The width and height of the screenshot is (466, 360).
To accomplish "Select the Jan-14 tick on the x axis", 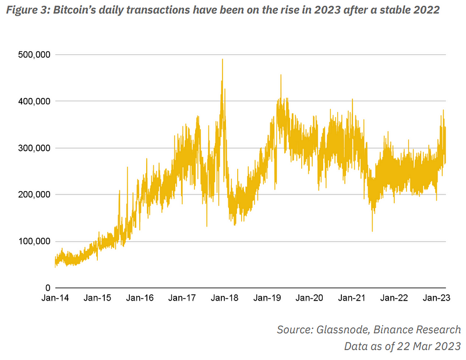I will point(55,298).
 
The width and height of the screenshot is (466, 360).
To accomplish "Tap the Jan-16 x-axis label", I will point(140,298).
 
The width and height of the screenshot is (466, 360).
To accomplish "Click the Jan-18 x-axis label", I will point(225,298).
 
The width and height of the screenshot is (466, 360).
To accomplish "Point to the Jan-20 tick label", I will point(309,298).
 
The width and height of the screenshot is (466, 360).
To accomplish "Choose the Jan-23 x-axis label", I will point(436,298).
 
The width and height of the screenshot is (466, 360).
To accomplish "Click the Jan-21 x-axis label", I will point(352,298).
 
